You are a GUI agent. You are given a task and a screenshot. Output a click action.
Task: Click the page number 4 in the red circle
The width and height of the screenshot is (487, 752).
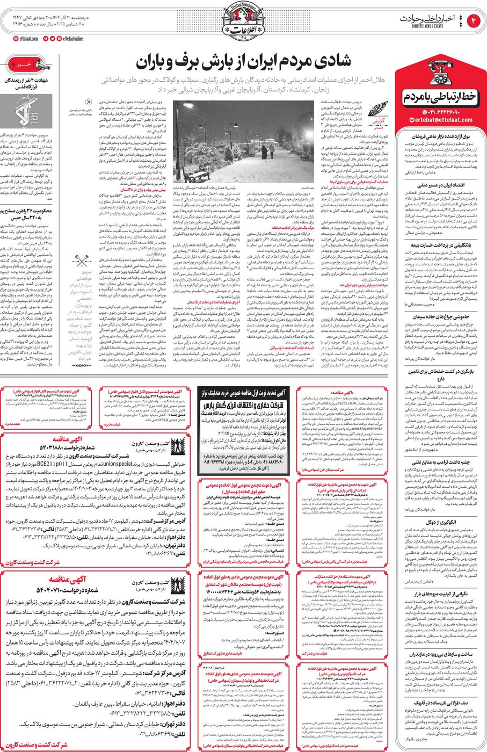click(474, 21)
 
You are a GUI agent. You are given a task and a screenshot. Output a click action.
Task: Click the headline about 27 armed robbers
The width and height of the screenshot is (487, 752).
click(27, 214)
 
